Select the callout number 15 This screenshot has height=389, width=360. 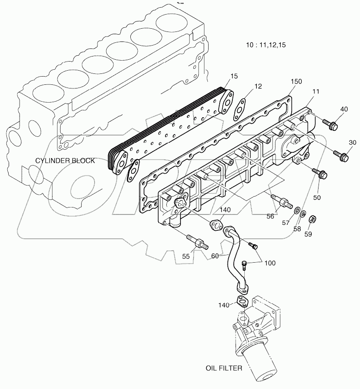pos(234,76)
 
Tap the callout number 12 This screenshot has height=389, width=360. pos(258,86)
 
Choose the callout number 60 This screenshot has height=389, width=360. pos(216,256)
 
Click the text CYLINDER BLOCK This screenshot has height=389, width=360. pos(67,161)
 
